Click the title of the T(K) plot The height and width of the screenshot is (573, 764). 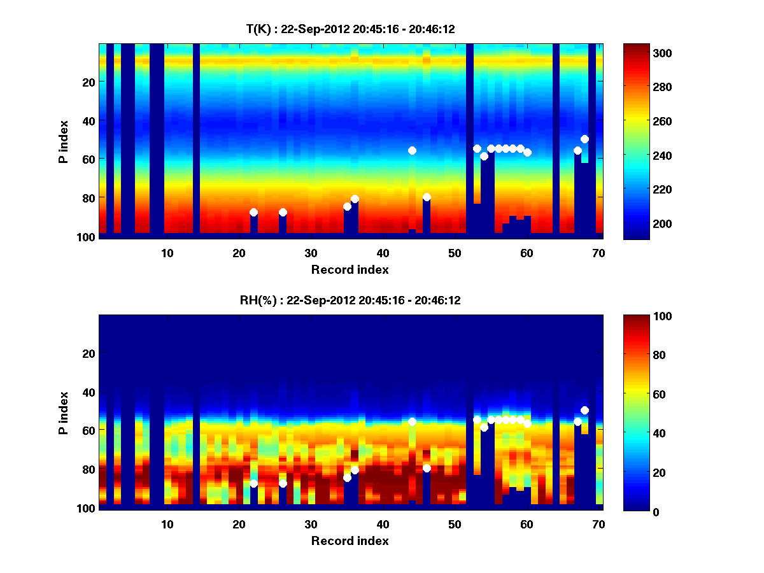point(350,29)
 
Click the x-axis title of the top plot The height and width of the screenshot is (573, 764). point(350,269)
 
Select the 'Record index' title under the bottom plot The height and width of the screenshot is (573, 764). point(350,541)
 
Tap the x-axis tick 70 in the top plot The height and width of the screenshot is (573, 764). point(598,253)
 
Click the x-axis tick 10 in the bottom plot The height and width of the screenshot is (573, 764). point(167,524)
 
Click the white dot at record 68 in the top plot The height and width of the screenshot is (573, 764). point(584,139)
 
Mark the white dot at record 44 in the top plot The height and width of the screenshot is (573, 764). point(412,150)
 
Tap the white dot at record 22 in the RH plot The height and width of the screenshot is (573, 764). point(253,483)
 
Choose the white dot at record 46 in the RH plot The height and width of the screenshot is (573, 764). point(427,468)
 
